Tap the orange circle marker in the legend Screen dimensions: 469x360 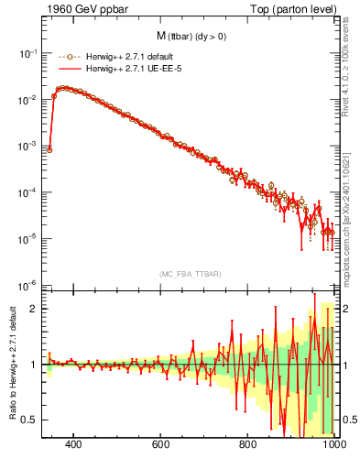(x=63, y=56)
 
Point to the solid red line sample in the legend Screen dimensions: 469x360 (x=63, y=69)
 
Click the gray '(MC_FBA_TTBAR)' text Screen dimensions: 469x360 (x=189, y=274)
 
